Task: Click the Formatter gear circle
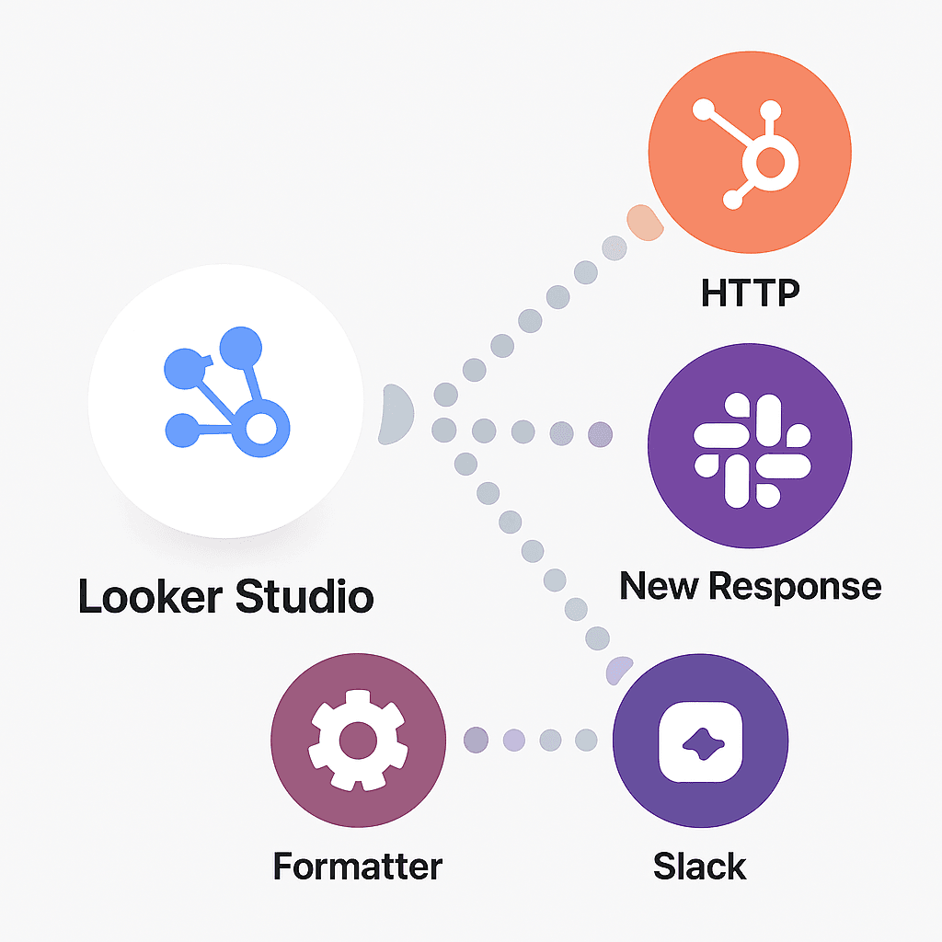point(358,741)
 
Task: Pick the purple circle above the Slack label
point(700,741)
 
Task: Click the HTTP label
point(750,293)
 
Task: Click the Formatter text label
point(358,867)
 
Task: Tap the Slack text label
point(700,867)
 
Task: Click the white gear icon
point(358,741)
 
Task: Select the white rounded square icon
point(700,741)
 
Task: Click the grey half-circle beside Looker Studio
point(396,414)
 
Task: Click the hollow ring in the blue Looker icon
point(261,428)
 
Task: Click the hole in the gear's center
point(358,739)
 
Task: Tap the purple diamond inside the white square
point(700,741)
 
